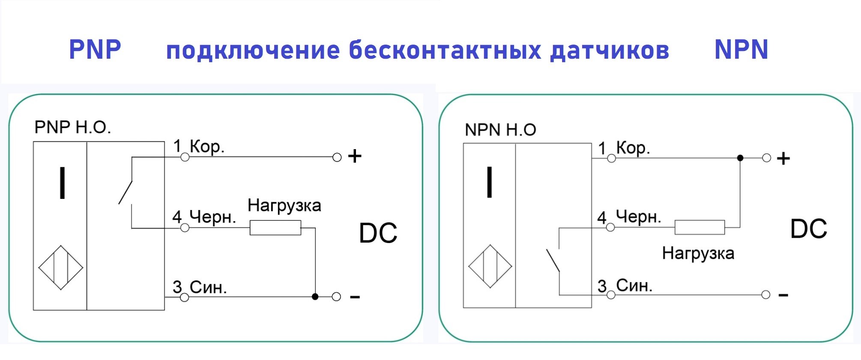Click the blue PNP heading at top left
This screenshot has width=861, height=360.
point(95,49)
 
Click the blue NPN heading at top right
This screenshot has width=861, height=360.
point(741,49)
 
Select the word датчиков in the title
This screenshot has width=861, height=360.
point(610,51)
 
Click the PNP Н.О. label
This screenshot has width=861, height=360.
point(72,127)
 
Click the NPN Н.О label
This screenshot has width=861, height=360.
point(500,129)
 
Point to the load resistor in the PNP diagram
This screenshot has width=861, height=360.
point(275,228)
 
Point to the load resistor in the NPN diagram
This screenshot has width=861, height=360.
point(700,227)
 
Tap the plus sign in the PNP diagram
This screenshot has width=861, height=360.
point(355,156)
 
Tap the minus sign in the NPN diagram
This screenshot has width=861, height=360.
point(783,295)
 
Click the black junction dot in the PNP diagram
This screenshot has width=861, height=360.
point(315,297)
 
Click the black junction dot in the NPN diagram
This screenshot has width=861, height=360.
point(740,158)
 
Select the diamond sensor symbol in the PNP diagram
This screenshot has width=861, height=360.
point(61,268)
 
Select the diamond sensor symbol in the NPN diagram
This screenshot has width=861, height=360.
point(490,267)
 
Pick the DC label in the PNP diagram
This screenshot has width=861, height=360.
point(378,233)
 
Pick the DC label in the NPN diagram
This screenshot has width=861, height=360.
point(809,229)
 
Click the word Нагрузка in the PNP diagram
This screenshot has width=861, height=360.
point(284,206)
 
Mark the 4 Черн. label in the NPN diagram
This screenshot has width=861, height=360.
point(629,217)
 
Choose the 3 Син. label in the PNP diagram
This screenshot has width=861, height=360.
point(200,287)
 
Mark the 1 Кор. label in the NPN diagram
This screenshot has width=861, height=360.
point(624,148)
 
